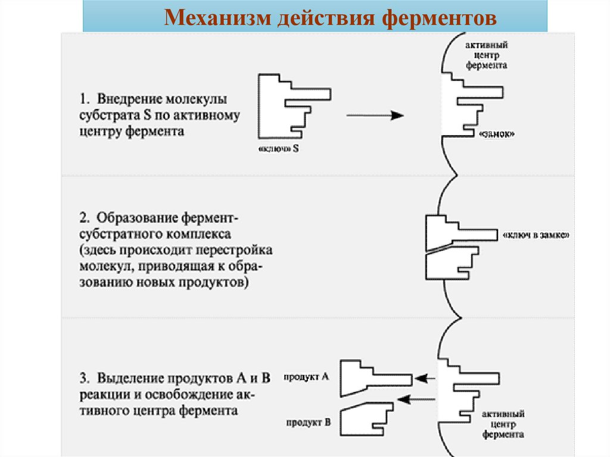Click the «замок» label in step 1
(x=496, y=135)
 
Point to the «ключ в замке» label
(x=536, y=235)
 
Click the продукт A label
(x=307, y=377)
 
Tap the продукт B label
(x=307, y=422)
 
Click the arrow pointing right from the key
(x=375, y=116)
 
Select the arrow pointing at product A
(x=425, y=378)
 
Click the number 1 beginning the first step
(x=83, y=98)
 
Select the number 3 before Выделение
(x=83, y=378)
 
